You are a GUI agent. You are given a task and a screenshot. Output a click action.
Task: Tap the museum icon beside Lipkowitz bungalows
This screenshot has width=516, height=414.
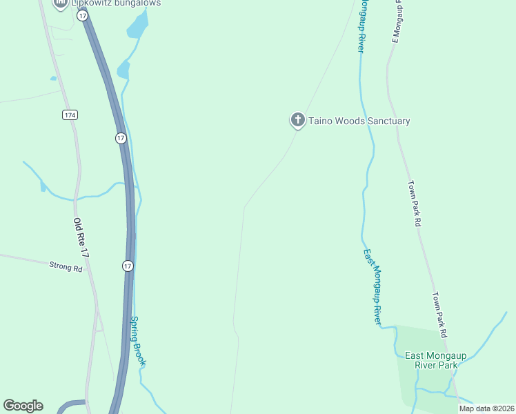[61, 3]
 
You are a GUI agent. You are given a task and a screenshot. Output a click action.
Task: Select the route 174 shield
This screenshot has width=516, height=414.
[70, 115]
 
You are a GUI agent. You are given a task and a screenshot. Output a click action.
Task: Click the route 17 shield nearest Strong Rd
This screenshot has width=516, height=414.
[128, 266]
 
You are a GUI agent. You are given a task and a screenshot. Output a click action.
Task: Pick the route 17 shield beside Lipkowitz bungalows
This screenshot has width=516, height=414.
[83, 14]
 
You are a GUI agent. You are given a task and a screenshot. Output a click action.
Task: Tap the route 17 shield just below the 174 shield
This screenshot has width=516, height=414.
[121, 138]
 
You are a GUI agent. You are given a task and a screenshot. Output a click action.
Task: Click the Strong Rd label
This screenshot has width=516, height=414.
[66, 266]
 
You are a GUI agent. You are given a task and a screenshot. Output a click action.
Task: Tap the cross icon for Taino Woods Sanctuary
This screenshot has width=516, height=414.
[298, 121]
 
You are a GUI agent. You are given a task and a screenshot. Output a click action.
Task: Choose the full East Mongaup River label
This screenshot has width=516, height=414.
[373, 287]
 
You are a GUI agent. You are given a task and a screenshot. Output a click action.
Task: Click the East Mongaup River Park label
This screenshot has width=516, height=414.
[436, 360]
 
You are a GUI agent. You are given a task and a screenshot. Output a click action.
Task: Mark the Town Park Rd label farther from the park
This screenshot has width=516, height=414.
[414, 204]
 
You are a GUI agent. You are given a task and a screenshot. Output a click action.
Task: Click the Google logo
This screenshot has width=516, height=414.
[23, 406]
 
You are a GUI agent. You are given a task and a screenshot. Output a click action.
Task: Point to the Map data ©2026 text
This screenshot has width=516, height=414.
[486, 408]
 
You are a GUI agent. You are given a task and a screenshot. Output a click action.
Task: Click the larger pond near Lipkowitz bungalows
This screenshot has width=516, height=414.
[137, 26]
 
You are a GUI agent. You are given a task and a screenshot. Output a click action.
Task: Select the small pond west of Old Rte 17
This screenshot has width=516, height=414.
[43, 186]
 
